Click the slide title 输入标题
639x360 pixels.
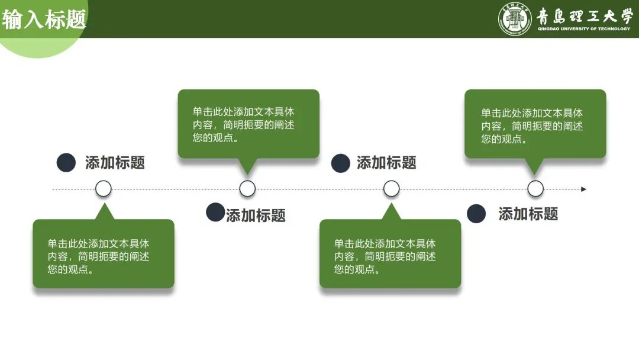44,19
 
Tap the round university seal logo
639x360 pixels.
515,19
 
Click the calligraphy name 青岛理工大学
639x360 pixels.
584,15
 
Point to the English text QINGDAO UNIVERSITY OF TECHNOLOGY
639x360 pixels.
584,29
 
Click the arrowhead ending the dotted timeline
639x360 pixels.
583,189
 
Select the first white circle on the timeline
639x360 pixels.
104,189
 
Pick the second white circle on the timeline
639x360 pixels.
247,189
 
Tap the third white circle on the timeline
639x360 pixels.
391,189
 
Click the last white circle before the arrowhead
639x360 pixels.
535,189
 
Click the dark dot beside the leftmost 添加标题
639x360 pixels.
66,163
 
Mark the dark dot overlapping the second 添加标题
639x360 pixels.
215,212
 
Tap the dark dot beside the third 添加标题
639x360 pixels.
340,163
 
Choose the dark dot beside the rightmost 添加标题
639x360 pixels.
476,214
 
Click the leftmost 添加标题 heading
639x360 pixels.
115,163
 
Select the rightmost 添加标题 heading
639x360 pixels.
528,214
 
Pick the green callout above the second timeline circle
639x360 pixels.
248,124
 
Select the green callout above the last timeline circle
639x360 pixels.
535,124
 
